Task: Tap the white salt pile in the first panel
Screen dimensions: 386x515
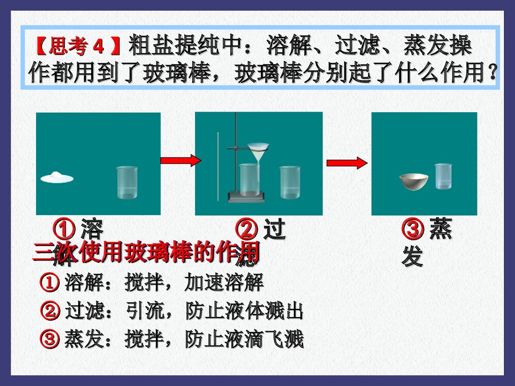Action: pos(57,177)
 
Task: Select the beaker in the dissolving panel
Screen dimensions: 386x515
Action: pos(127,183)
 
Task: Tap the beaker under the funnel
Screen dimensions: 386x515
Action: pos(248,180)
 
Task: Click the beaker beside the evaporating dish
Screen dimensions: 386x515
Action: pos(443,177)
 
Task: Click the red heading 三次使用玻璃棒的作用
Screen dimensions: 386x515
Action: pos(146,253)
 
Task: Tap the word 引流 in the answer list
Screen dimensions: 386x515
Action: pos(145,311)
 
